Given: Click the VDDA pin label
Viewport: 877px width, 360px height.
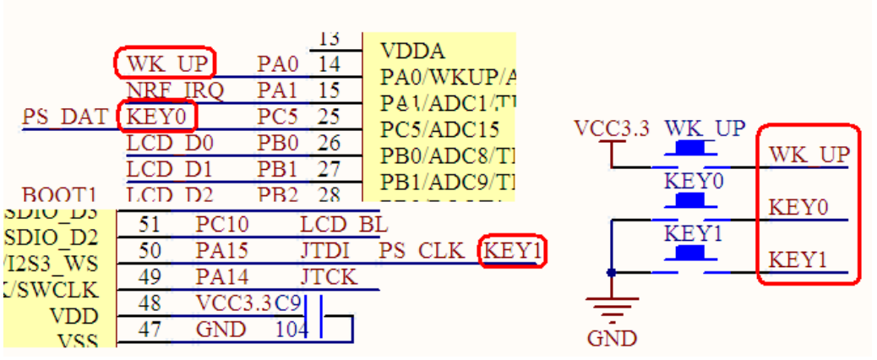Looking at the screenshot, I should pos(413,51).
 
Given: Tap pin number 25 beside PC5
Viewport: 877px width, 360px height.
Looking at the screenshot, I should pos(329,116).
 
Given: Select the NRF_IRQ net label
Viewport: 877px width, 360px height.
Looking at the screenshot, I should pos(175,90).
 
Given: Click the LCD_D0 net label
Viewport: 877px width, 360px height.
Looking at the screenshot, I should pos(170,143).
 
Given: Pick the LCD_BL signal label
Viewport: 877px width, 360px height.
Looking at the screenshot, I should pos(343,225).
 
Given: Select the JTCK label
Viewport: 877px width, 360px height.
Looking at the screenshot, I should pos(329,276).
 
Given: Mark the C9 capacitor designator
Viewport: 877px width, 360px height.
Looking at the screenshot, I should pos(290,302).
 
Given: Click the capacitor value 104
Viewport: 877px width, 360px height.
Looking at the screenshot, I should pos(291,329).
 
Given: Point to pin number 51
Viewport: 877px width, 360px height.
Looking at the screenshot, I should pos(149,225).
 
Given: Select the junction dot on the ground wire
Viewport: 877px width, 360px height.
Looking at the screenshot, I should pos(611,272).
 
